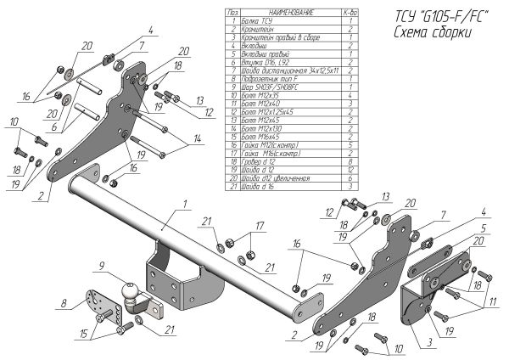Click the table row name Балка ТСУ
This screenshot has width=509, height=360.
pyautogui.click(x=256, y=20)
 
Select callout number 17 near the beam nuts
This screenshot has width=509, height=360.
pyautogui.click(x=261, y=225)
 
